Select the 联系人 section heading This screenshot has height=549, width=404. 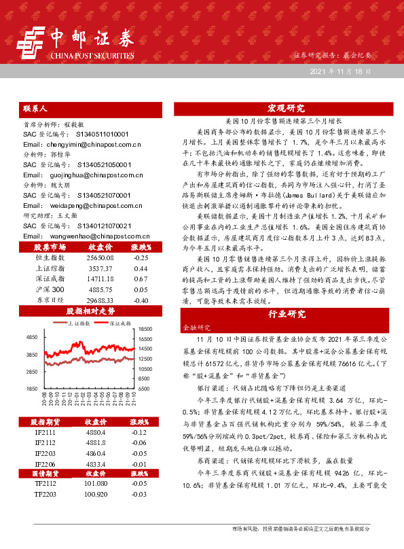[x=35, y=108]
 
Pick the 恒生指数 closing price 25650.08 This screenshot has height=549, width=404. [x=100, y=258]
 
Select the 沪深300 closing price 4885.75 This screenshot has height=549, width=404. [x=100, y=289]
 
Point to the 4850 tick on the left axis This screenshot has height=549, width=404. [x=32, y=337]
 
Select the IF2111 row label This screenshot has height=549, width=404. [x=46, y=431]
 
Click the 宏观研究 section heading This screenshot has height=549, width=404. [x=286, y=108]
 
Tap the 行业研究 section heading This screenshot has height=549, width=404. [x=286, y=315]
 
